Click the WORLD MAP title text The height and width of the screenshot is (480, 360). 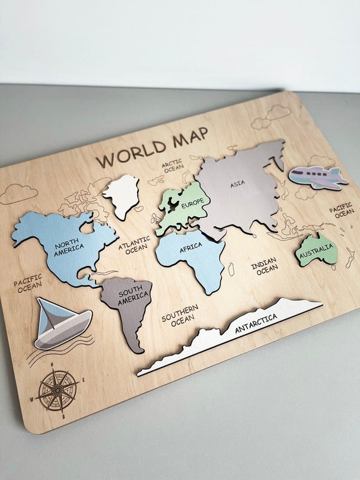(152, 148)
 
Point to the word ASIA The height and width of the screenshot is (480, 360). (238, 183)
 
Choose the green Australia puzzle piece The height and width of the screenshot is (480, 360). (316, 251)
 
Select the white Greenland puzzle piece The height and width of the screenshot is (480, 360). (121, 195)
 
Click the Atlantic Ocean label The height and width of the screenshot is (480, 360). (135, 244)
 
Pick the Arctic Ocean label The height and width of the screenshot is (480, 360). (173, 166)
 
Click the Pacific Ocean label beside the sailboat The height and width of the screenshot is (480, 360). (28, 283)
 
